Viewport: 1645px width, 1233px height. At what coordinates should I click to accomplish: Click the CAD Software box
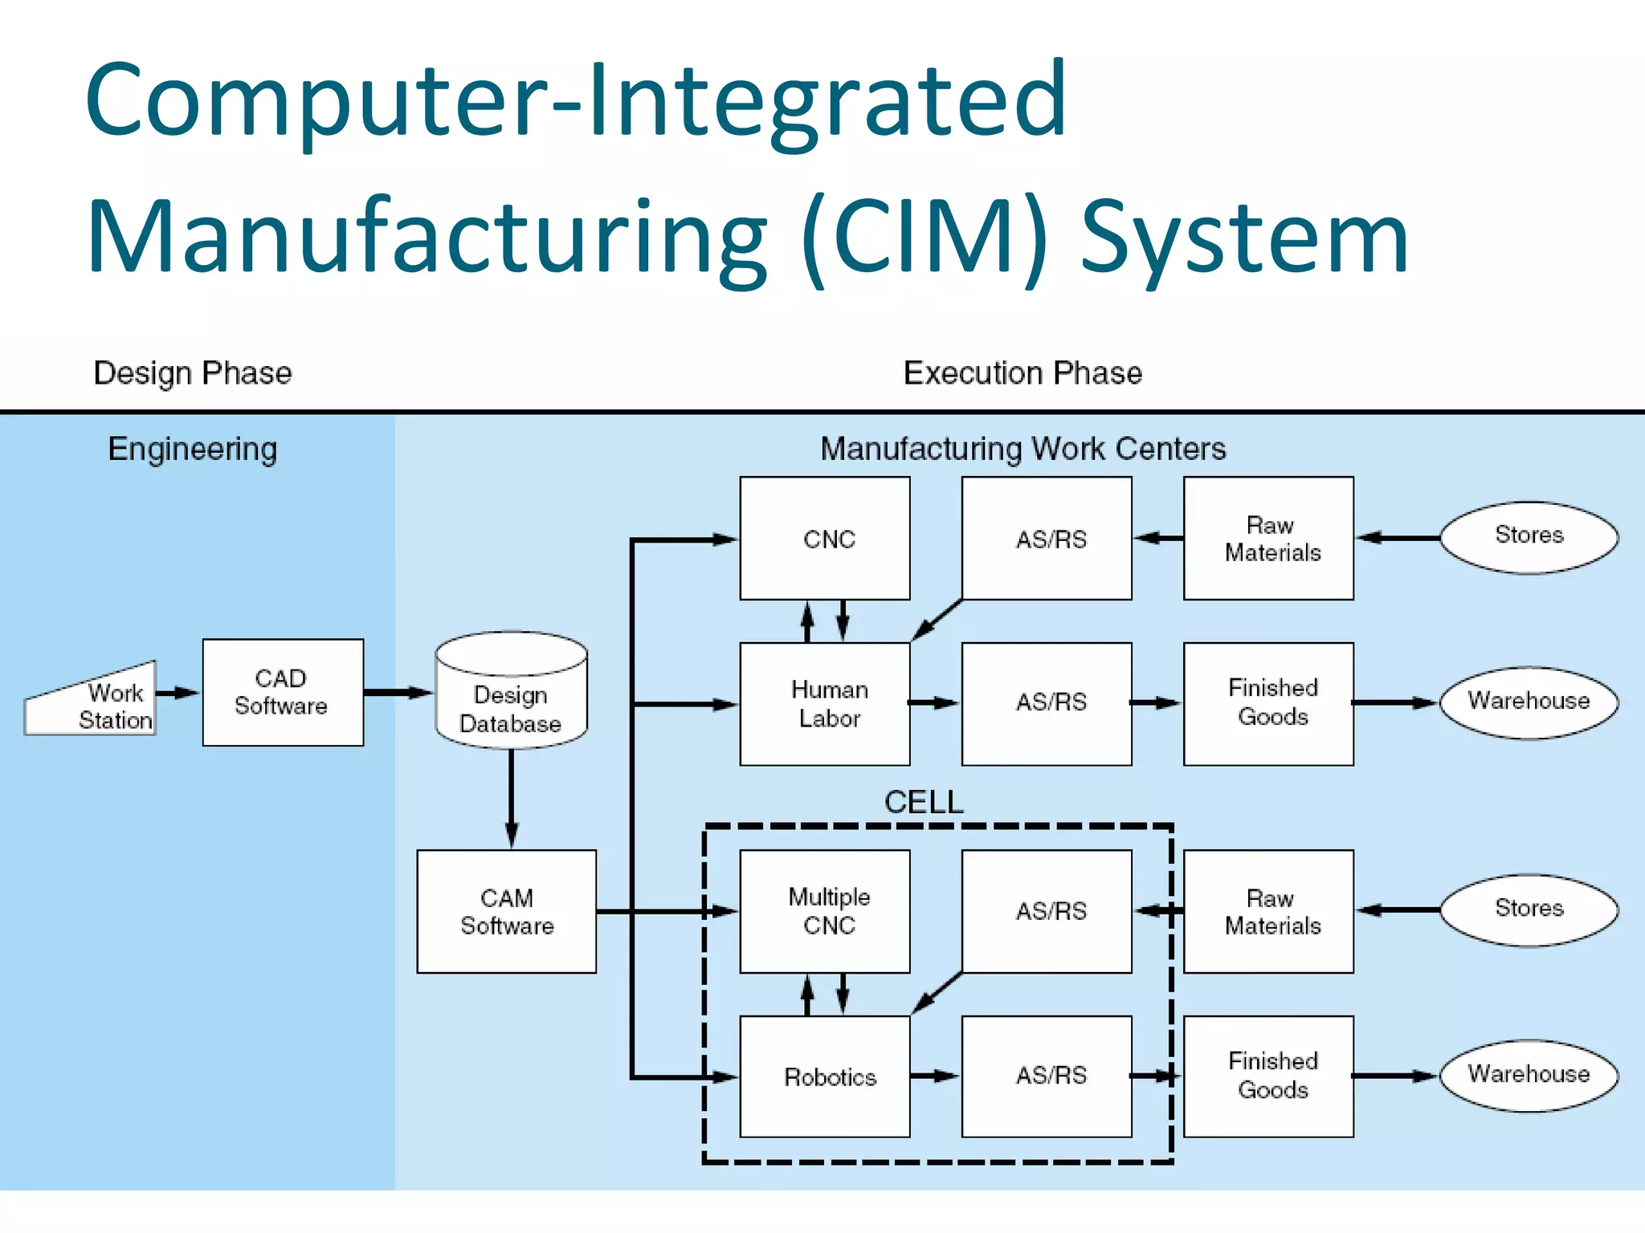point(283,692)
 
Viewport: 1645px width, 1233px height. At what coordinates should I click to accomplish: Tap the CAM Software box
point(506,911)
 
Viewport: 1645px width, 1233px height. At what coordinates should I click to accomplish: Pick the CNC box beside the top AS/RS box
point(825,538)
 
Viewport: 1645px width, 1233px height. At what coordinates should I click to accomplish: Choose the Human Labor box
point(825,703)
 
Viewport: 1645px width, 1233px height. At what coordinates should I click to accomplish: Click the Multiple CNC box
point(825,911)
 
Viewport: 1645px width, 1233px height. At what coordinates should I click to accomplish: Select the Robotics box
point(825,1076)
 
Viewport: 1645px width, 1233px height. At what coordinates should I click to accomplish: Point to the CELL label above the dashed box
point(923,802)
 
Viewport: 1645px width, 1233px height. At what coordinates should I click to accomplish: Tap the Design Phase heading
point(193,373)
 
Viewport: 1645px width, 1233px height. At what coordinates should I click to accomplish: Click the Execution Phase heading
point(1023,373)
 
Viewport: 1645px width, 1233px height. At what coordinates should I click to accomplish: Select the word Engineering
point(193,449)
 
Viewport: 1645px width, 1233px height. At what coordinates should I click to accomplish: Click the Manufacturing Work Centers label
point(1023,449)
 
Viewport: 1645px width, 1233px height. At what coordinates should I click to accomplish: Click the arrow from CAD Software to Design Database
point(398,692)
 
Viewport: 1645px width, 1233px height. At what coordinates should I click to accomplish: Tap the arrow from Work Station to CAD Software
point(177,692)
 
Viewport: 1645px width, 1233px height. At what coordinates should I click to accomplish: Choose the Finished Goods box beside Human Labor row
point(1268,703)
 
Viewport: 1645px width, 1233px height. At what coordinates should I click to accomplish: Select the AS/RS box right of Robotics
point(1047,1076)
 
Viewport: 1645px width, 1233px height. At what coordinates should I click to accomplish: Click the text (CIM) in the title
point(924,238)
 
